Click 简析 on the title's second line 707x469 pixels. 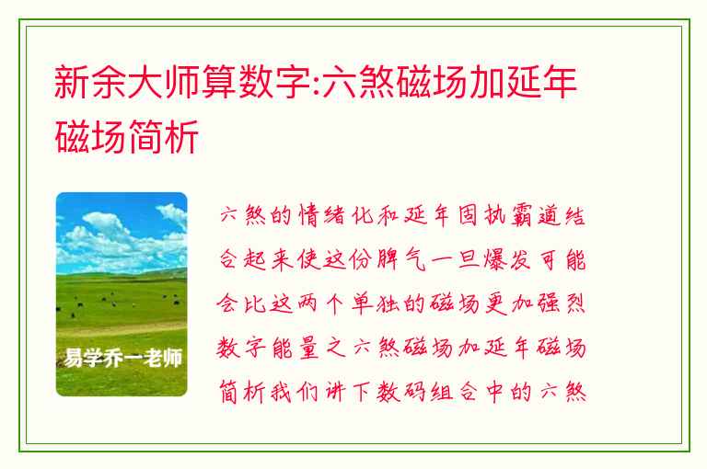(x=164, y=136)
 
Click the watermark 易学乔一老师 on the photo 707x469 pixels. (x=122, y=358)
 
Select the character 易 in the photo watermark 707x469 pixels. (x=73, y=358)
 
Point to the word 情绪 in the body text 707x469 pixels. (x=321, y=215)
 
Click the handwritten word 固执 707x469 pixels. (x=481, y=215)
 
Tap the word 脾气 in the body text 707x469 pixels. (x=400, y=259)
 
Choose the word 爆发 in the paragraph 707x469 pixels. (x=507, y=259)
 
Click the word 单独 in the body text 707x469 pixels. (x=375, y=303)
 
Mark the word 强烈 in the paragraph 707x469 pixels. (x=561, y=303)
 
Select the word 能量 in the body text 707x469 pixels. (x=296, y=348)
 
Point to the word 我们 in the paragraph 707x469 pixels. (x=295, y=392)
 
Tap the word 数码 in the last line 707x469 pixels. (x=400, y=392)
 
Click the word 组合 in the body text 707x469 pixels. (x=454, y=392)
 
